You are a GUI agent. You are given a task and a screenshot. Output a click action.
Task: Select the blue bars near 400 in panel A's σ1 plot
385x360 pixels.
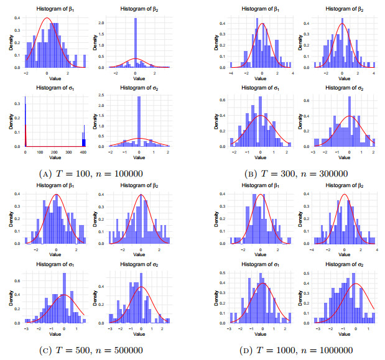[83, 139]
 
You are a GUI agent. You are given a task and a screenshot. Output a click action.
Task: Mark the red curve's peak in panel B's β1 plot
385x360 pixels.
[262, 24]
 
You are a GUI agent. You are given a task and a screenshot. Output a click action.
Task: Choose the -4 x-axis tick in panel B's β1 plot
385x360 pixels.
[230, 72]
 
